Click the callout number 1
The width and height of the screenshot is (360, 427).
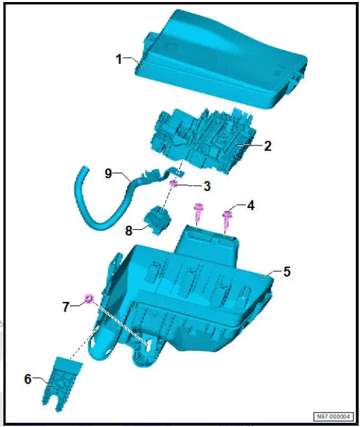[119, 59]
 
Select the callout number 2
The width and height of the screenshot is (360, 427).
[268, 146]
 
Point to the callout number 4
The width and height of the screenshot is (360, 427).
[251, 204]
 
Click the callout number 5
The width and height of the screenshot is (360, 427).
[287, 271]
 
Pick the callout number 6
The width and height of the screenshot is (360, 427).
[28, 379]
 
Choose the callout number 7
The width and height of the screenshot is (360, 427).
[66, 307]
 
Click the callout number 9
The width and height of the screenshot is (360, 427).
[108, 173]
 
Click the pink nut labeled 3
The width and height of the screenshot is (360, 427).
[174, 184]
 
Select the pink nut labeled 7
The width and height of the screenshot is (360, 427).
[89, 298]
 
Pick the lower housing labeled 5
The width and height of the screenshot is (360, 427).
[204, 292]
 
